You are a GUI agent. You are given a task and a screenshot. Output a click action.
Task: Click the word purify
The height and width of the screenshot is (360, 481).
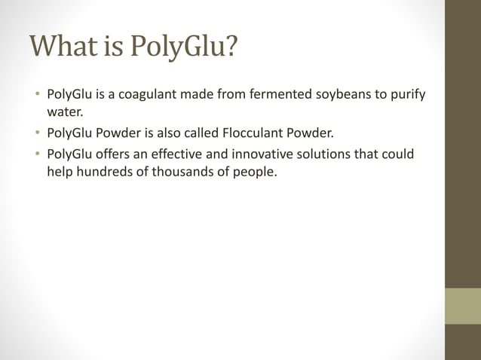click(x=407, y=96)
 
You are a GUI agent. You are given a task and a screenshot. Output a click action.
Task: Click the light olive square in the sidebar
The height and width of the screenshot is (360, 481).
click(x=463, y=306)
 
